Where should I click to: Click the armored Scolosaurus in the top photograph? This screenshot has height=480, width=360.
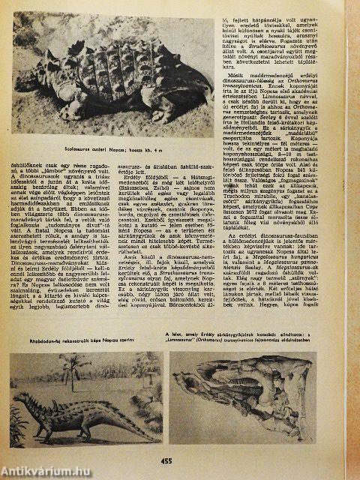(120, 105)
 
